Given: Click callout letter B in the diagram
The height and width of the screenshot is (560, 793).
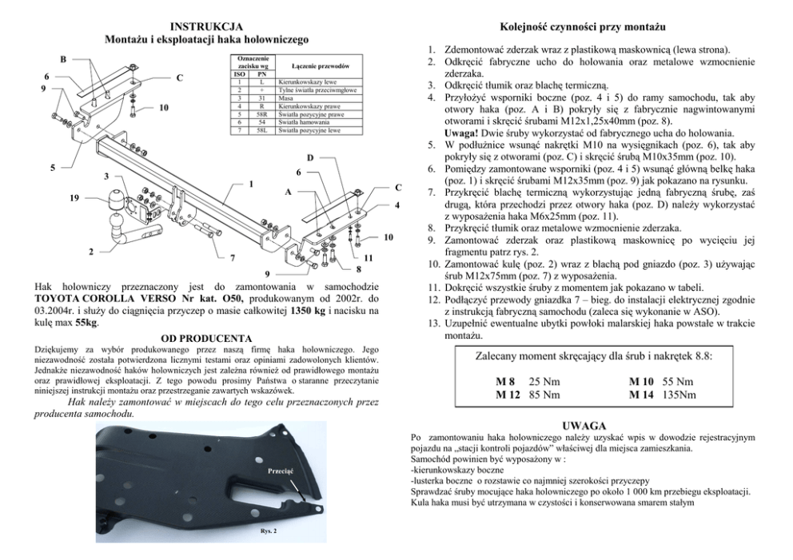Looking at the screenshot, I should coord(63,58).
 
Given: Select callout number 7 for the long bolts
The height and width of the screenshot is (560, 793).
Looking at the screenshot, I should coord(232,259).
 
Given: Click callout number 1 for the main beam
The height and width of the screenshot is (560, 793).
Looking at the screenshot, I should coord(251,185).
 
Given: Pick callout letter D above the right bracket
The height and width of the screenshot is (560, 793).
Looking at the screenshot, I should coord(310,157).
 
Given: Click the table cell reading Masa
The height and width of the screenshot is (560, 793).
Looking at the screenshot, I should coord(286,98).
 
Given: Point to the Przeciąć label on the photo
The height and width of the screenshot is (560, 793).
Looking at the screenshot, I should coord(280,470).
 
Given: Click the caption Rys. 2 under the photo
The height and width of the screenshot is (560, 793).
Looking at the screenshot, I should coord(269,530).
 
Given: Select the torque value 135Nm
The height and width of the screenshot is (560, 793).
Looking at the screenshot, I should coord(679,394).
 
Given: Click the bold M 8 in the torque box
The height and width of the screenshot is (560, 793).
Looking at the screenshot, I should coord(506,381).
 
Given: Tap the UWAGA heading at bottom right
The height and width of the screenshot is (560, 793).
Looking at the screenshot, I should coord(587,426).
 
